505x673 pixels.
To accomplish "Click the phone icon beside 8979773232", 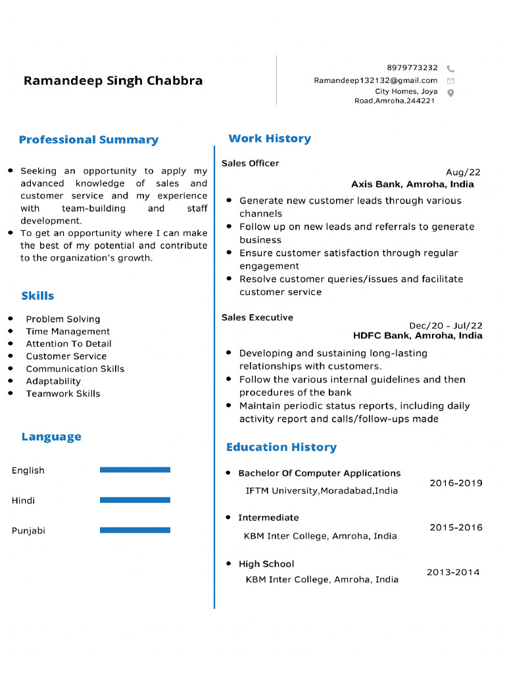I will click(450, 68).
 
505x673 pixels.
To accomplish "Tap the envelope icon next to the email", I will click(450, 81).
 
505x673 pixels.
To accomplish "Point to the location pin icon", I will click(450, 93).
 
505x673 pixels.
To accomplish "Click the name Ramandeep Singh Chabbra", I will click(113, 81).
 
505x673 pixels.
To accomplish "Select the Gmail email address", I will click(375, 80).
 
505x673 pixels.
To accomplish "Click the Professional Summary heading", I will click(89, 140).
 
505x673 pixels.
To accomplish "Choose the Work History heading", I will click(270, 139).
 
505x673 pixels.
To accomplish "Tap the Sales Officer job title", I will click(250, 163).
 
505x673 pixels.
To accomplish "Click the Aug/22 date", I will click(463, 172).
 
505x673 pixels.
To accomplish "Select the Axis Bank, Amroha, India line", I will click(412, 184).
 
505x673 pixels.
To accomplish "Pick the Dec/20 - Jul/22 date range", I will click(445, 325).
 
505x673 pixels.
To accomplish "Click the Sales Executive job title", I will click(257, 317).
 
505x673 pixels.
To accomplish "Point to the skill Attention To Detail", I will click(68, 344).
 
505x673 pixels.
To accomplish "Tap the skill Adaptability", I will click(53, 381).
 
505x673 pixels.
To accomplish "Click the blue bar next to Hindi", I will click(135, 500).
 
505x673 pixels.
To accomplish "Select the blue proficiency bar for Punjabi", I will click(135, 530).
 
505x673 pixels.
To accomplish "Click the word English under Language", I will click(28, 471).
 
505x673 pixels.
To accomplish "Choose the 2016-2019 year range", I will click(456, 483).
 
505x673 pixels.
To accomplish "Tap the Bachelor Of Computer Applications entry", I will click(319, 473).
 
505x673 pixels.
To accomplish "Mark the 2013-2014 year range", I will click(453, 572).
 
